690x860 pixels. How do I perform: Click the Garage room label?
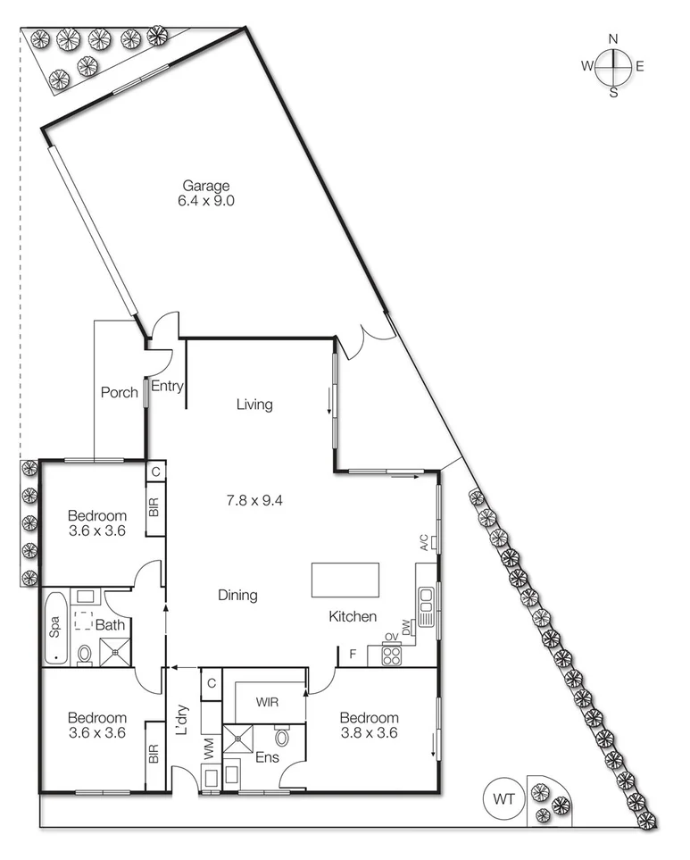pos(206,186)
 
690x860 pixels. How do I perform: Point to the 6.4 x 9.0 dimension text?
pos(206,201)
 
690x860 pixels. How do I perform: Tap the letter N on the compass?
pos(613,38)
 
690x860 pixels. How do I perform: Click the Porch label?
pos(119,392)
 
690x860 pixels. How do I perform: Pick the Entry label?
pos(167,387)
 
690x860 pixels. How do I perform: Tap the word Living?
pos(254,405)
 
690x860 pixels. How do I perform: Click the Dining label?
pos(237,595)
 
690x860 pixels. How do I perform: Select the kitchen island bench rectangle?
pos(345,580)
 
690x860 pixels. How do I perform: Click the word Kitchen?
pos(353,616)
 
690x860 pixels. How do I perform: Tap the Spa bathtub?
pos(54,628)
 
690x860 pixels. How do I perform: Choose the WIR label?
pos(267,702)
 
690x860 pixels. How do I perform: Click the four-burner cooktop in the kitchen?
pos(392,656)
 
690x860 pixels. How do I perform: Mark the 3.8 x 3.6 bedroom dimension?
pos(368,733)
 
